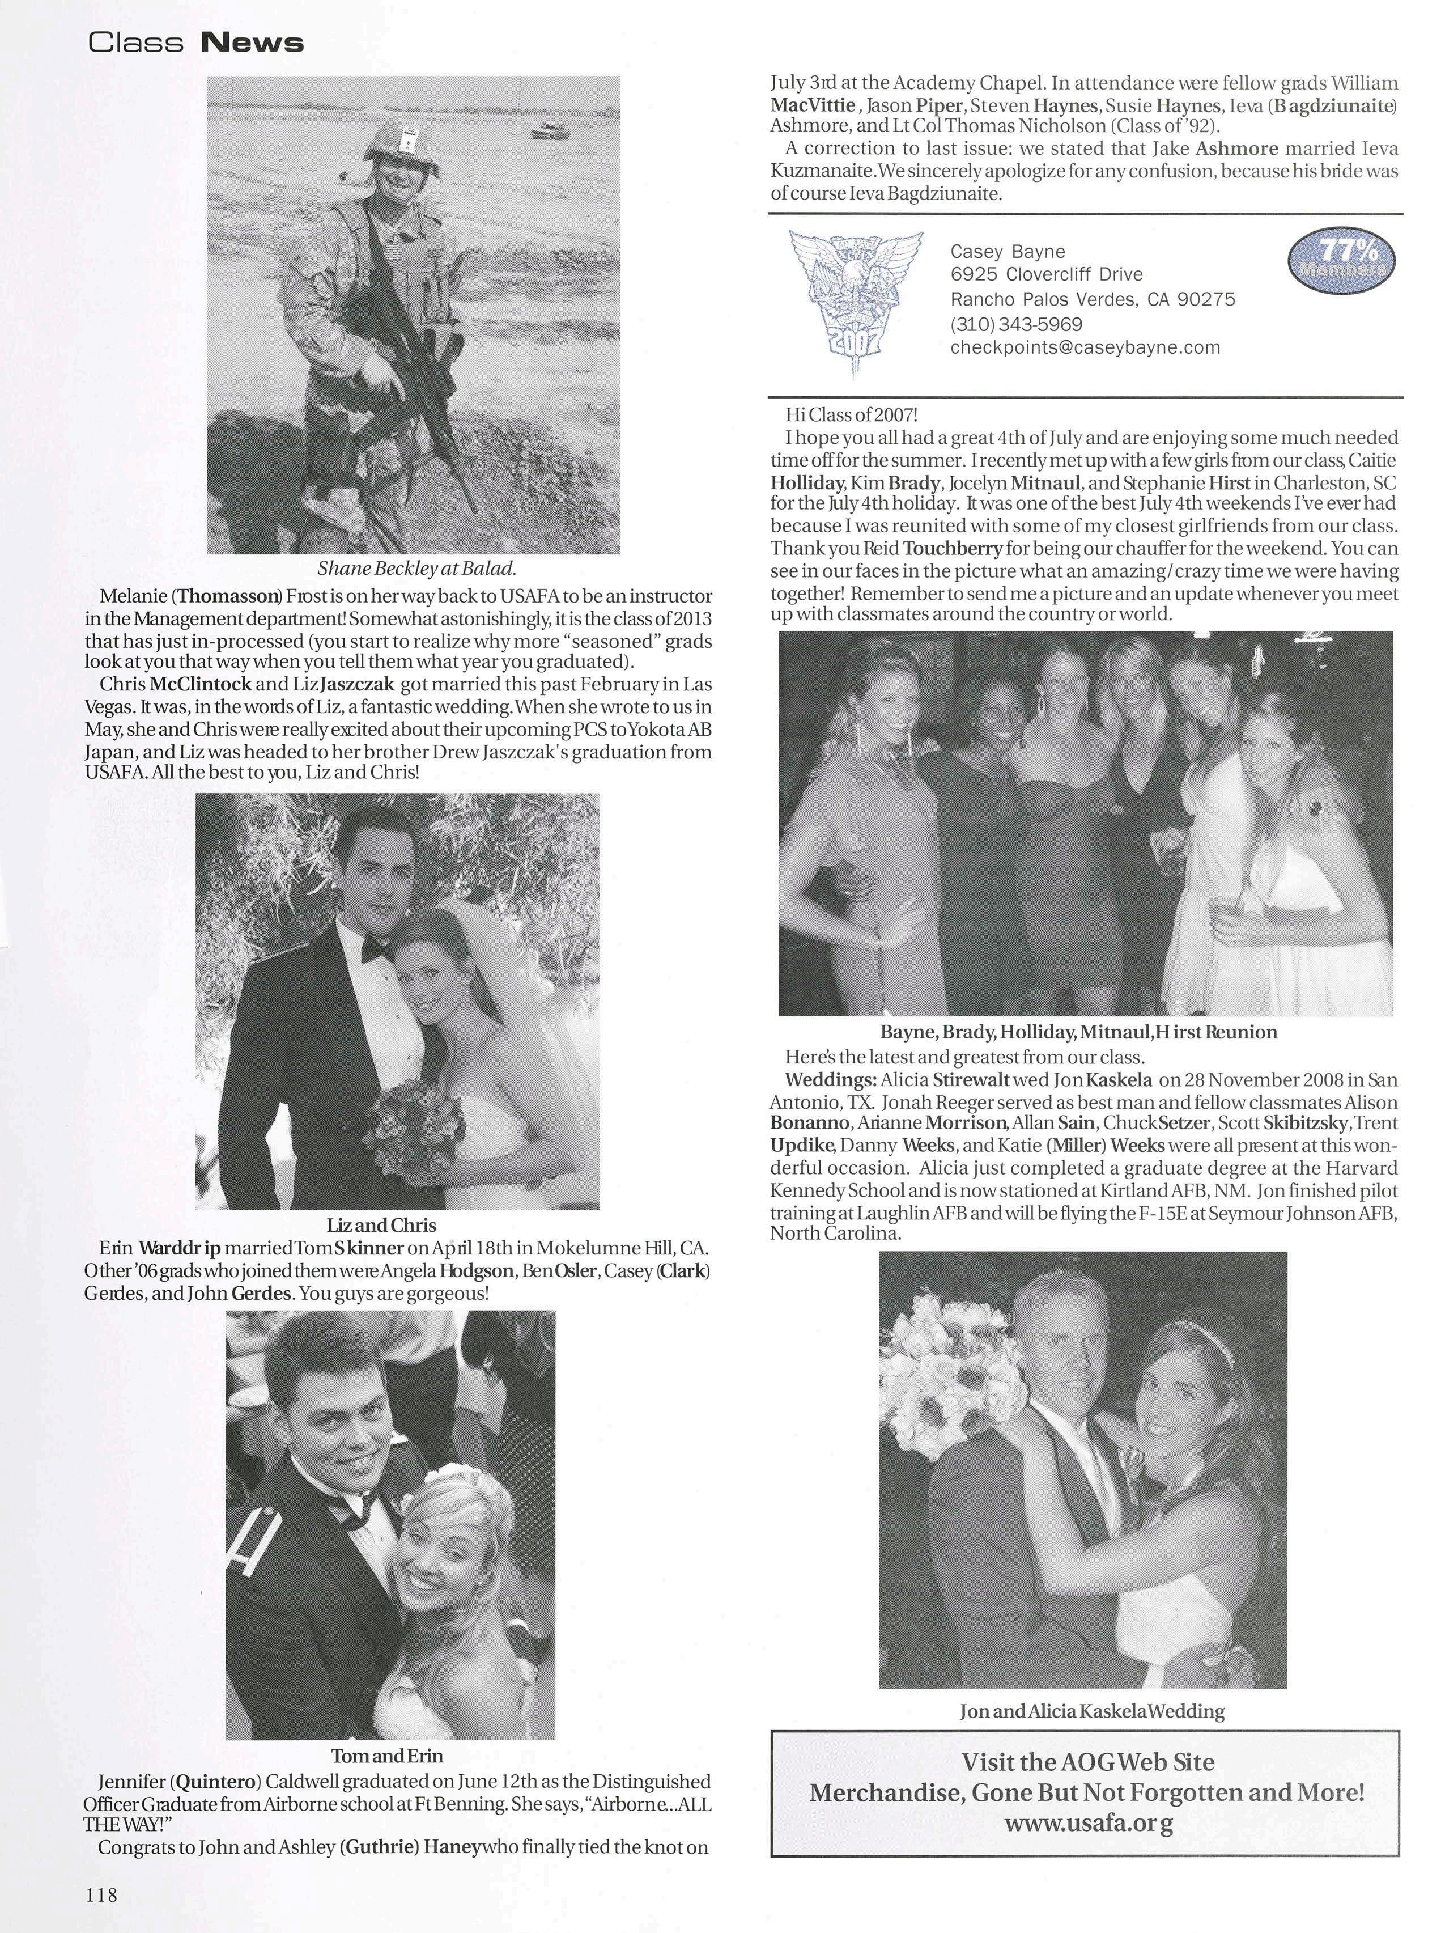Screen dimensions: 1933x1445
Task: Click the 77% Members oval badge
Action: pos(1341,260)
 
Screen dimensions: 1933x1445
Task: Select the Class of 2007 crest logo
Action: pos(855,302)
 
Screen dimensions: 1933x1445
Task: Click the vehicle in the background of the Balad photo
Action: pos(550,130)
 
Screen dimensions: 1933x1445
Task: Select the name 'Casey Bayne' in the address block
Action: pos(1008,252)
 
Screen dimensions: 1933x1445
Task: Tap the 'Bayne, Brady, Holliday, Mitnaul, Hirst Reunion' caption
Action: pos(1078,1032)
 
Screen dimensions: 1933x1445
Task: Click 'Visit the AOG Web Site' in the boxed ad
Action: pos(1087,1762)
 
